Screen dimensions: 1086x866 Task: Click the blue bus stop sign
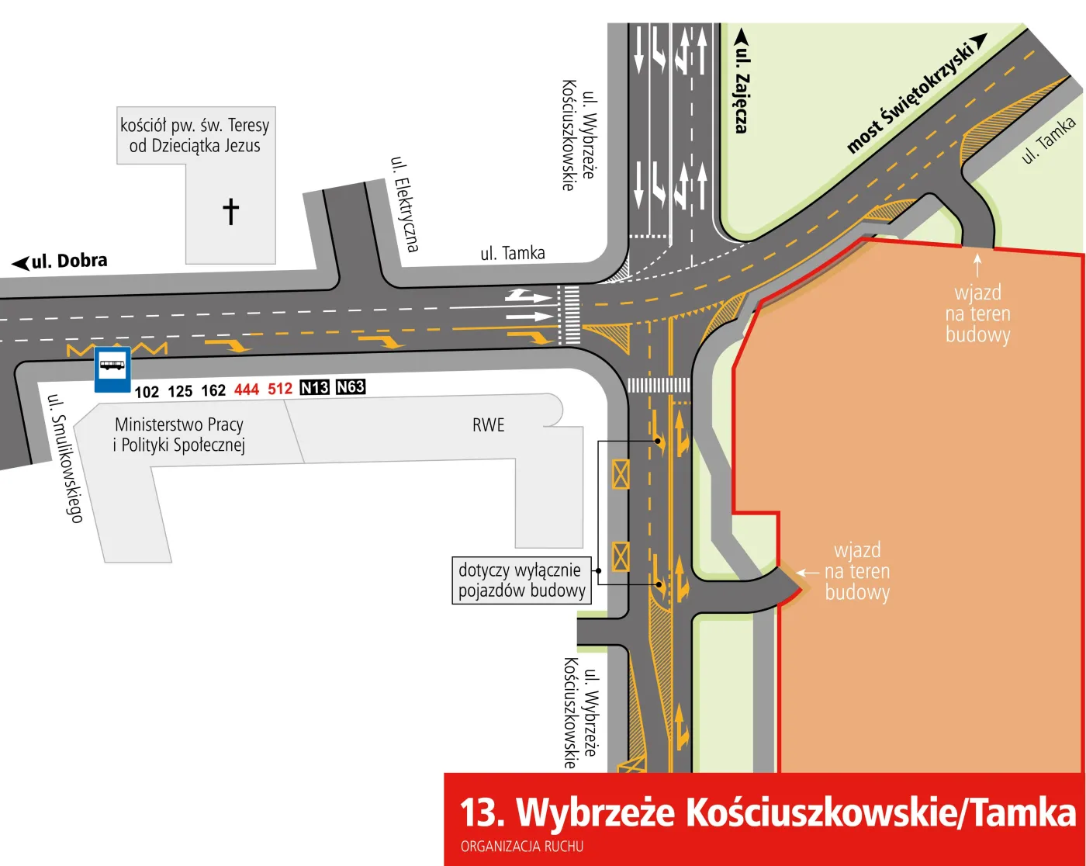tap(112, 369)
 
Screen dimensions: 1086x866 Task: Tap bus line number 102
tap(147, 392)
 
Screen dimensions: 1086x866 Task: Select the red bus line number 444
tap(247, 390)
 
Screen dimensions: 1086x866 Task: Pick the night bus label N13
tap(314, 387)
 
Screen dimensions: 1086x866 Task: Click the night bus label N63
tap(351, 386)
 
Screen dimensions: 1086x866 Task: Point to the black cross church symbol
tap(230, 211)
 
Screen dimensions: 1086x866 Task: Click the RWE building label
tap(488, 425)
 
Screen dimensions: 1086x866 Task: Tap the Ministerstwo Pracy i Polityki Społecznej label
tap(179, 435)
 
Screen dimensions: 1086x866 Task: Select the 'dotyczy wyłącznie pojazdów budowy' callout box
tap(521, 580)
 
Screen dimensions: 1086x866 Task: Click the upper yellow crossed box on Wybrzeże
tap(621, 474)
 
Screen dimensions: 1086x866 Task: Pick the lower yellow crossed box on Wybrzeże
tap(621, 556)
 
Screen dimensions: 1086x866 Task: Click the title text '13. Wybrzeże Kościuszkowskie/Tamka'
tap(767, 812)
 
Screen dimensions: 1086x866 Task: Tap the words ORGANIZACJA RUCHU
tap(522, 847)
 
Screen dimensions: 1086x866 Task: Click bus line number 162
tap(213, 390)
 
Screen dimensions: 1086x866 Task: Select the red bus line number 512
tap(280, 389)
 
